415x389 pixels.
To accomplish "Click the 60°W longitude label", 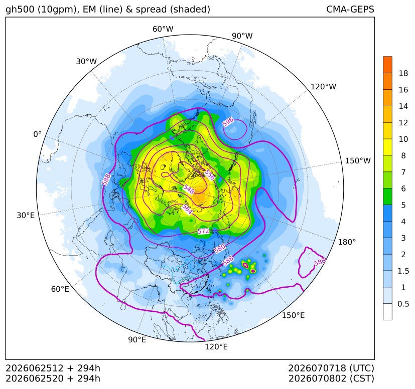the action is (163, 29).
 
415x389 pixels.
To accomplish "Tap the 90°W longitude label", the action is (242, 36).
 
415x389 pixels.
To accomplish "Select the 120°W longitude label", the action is (323, 87).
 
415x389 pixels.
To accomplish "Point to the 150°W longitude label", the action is (358, 160).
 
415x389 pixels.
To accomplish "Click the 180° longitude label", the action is (347, 242).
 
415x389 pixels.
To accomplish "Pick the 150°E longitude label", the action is (293, 315).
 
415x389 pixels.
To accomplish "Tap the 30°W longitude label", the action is (86, 61).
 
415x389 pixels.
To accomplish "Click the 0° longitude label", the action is (37, 134).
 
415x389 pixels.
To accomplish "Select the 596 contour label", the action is (228, 122).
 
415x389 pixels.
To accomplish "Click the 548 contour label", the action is (189, 189).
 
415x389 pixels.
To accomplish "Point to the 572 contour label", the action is (203, 231).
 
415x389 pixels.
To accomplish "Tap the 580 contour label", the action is (220, 249).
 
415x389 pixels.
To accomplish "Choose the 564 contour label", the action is (187, 210).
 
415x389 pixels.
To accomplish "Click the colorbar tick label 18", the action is (403, 74).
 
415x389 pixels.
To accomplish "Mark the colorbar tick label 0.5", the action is (403, 304).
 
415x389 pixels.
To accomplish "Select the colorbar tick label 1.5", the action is (403, 271).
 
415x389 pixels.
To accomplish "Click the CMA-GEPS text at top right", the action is (350, 10).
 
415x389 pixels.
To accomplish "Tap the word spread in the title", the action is (151, 10).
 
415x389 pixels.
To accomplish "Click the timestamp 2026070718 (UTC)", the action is (331, 368).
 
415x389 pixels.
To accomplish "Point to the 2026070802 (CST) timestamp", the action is (331, 378).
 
